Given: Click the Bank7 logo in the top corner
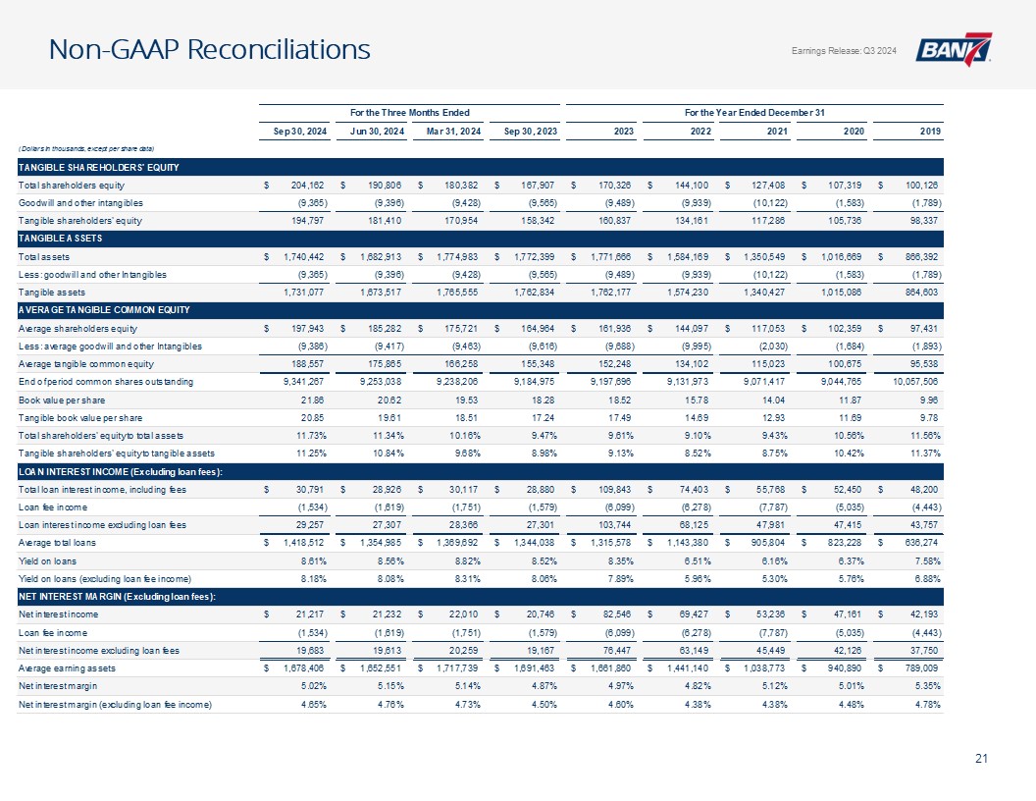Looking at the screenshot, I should [953, 50].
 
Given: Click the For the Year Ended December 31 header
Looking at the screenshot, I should [752, 108].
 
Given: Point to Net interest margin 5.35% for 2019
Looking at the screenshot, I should [926, 686].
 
